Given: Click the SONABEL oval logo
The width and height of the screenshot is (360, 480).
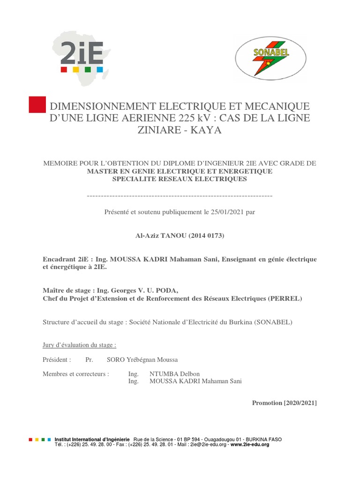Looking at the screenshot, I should pos(270,58).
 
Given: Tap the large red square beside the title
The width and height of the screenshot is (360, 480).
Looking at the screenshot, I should pos(37,105).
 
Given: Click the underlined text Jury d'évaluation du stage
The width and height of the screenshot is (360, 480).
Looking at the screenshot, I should pos(79,345).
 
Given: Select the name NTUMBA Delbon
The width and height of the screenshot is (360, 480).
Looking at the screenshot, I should pos(174,374).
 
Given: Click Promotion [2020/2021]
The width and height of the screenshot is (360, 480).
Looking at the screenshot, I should pos(285,403).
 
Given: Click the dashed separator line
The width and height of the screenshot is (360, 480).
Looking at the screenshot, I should pos(180,195).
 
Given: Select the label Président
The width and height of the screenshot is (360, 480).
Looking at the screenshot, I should pos(57,360).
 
